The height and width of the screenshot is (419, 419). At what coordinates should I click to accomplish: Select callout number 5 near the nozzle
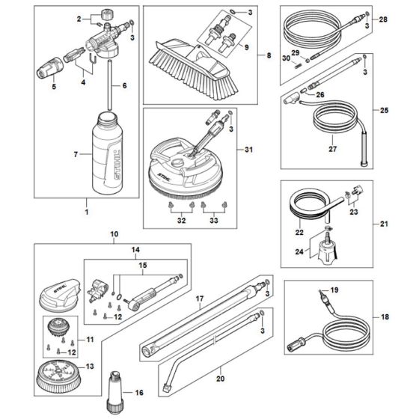pos(54,88)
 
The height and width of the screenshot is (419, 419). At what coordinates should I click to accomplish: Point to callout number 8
pos(260,56)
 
